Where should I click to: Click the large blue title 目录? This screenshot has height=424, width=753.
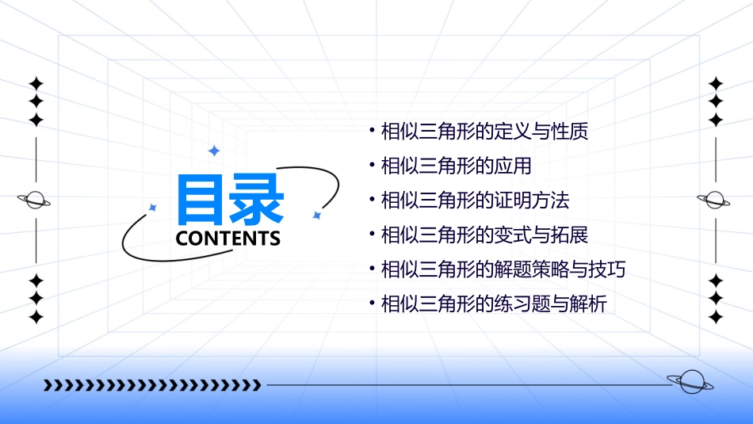230,199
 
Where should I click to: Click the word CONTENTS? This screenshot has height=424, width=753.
228,239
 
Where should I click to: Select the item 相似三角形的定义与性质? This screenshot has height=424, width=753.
484,131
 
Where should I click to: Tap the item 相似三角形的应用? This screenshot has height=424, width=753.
456,166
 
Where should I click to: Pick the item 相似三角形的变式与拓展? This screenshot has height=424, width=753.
484,235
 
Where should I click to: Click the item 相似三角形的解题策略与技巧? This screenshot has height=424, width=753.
503,269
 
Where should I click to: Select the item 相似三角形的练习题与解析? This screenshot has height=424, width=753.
494,304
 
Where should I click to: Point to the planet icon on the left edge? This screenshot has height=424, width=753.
34,200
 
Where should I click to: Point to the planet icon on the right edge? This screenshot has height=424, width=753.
713,200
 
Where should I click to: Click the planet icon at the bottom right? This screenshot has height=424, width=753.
690,382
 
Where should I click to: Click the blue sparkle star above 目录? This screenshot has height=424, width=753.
212,151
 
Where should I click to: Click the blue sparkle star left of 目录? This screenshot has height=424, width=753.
153,208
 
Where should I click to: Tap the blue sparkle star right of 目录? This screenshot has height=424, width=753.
316,215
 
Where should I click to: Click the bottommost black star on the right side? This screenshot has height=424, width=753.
716,318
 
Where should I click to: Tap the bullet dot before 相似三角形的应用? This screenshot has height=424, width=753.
372,165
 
